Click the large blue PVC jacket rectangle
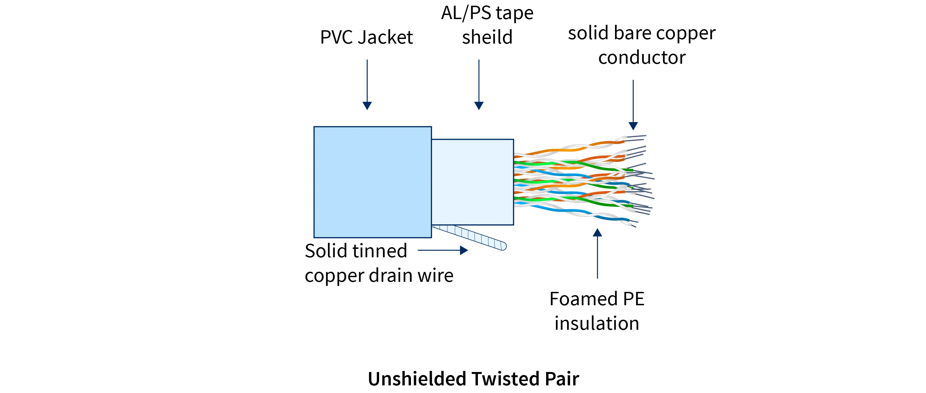pos(372,182)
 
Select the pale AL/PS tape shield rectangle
pos(472,182)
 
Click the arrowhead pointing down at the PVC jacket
pos(367,105)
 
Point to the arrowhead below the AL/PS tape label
pos(479,105)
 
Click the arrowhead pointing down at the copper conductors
pos(633,126)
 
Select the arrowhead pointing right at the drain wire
pos(464,250)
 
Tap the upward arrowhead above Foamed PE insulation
pos(598,233)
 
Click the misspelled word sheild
pos(487,37)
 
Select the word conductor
pos(642,58)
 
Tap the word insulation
pos(597,323)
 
